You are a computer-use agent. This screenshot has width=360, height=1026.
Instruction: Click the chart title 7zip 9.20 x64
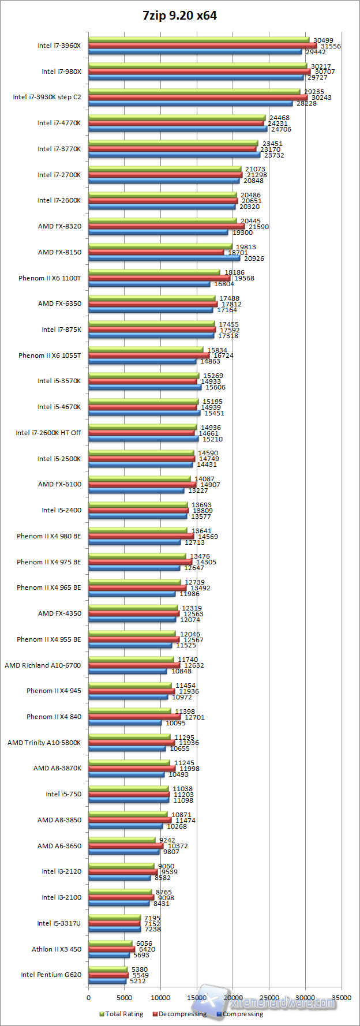click(179, 16)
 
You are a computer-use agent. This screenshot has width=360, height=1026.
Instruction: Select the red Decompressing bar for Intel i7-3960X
click(202, 46)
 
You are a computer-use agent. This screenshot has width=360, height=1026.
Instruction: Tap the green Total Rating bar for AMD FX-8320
click(162, 220)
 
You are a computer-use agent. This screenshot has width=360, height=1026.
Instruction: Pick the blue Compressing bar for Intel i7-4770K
click(177, 129)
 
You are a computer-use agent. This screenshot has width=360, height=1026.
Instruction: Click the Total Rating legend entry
click(121, 1014)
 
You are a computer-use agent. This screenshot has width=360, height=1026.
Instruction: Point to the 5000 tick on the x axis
click(125, 997)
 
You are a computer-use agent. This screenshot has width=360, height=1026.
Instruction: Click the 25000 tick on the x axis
click(269, 997)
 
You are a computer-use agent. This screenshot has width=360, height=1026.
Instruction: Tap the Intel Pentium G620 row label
click(51, 975)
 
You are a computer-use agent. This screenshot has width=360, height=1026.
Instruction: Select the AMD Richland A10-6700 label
click(43, 665)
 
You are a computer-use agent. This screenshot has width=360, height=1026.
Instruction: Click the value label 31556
click(331, 46)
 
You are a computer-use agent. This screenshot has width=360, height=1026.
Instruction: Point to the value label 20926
click(254, 259)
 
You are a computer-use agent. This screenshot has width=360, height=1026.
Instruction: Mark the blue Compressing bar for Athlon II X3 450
click(109, 955)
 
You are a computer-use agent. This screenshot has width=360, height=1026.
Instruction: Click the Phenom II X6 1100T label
click(50, 278)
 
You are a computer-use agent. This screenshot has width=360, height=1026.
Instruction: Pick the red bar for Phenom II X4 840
click(134, 717)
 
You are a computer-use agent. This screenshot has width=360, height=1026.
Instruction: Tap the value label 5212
click(138, 980)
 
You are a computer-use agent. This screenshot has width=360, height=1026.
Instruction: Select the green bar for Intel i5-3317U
click(114, 918)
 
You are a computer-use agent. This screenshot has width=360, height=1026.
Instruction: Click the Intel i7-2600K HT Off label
click(48, 433)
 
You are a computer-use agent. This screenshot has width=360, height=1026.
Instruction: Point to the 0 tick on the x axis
click(88, 997)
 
